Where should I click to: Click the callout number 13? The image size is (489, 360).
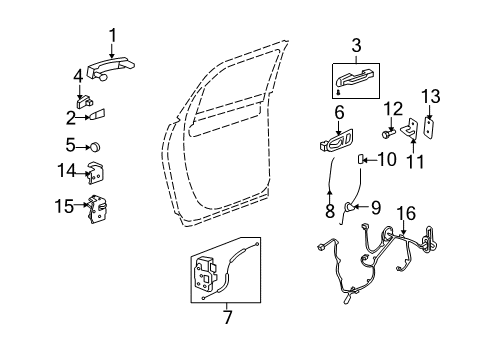[433, 95]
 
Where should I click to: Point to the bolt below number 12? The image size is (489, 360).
[387, 131]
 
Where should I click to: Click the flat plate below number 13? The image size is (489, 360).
[430, 128]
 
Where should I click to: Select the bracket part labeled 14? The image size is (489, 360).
[96, 172]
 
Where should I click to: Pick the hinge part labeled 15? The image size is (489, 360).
[97, 208]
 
